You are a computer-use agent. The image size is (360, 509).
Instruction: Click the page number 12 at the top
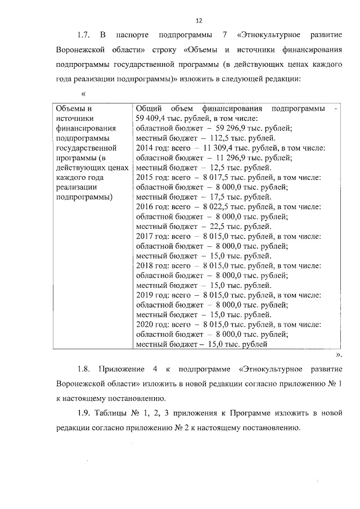pos(199,21)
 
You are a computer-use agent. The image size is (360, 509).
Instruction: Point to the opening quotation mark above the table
pos(84,93)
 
